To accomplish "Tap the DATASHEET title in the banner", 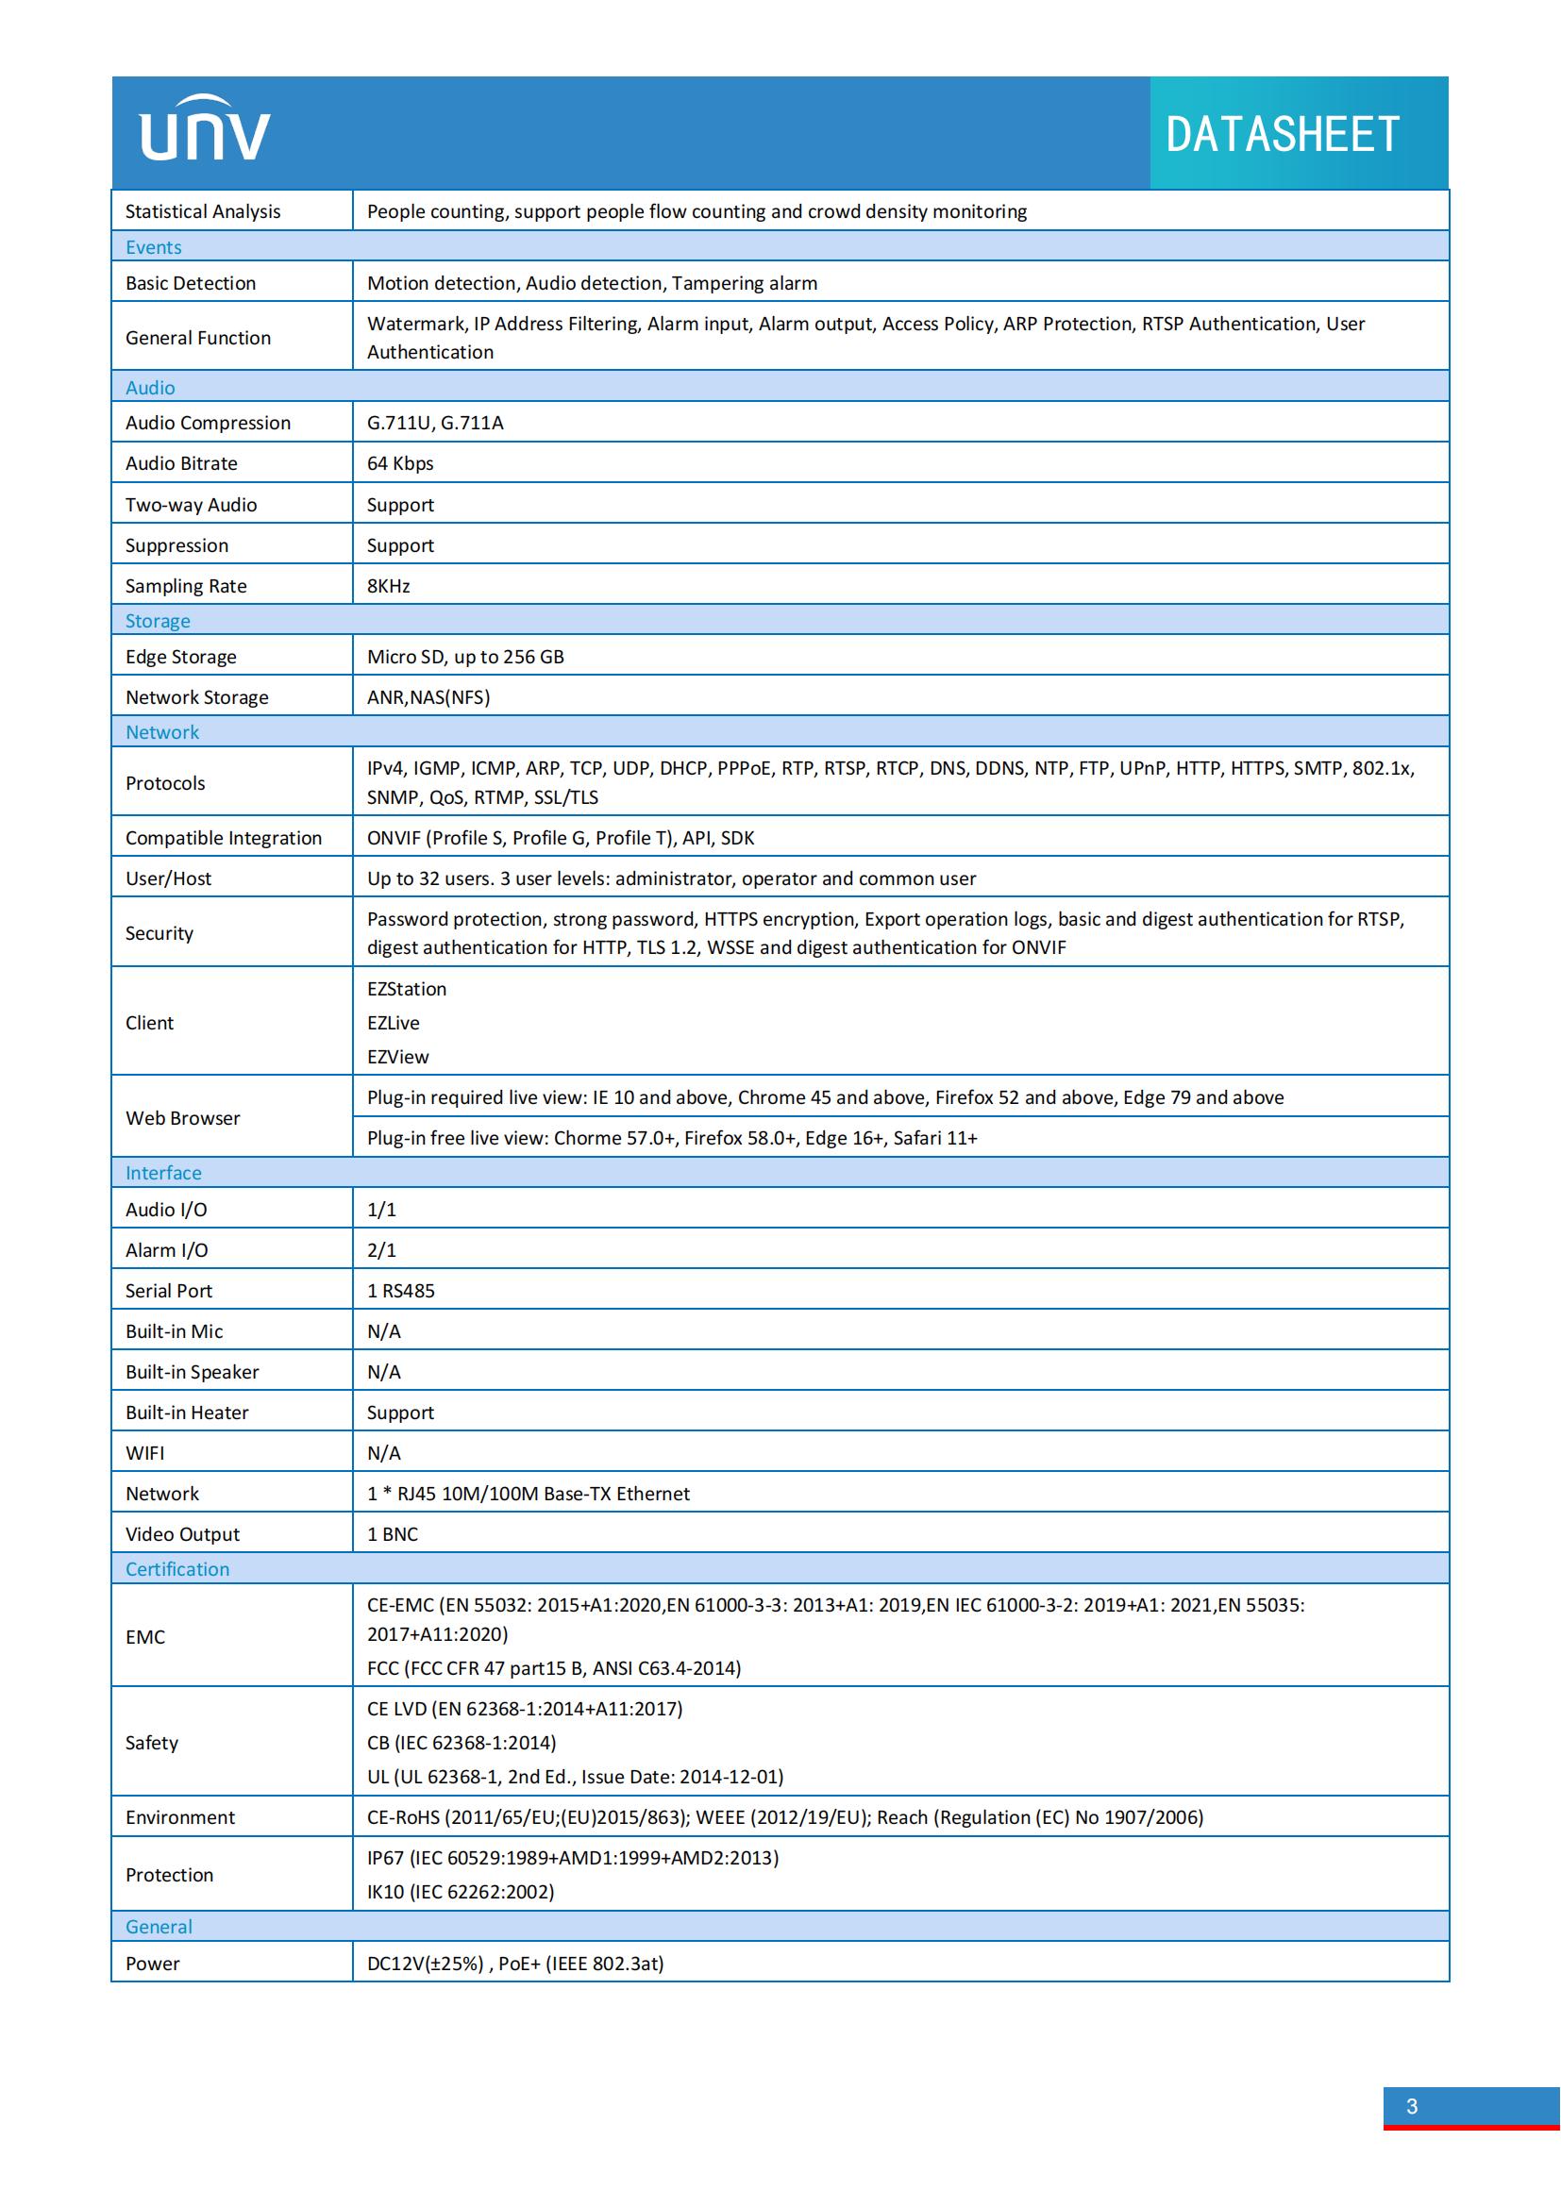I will click(x=1282, y=134).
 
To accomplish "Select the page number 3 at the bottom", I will click(x=1411, y=2106).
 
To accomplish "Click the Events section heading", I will click(x=154, y=247).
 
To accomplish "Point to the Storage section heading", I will click(x=158, y=621).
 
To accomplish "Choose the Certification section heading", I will click(x=177, y=1569).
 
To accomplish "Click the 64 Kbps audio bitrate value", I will click(x=400, y=463).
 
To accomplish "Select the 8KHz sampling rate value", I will click(x=388, y=585).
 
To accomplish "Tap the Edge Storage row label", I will click(x=180, y=657).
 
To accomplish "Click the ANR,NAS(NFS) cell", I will click(x=428, y=697).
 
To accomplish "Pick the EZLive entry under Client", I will click(x=394, y=1023).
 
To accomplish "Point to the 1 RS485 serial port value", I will click(x=401, y=1290).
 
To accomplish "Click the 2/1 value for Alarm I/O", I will click(x=381, y=1249).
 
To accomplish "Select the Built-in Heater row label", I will click(x=187, y=1413).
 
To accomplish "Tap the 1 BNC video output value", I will click(x=393, y=1534).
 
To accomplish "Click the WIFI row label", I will click(x=145, y=1452).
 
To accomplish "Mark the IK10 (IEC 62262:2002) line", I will click(x=461, y=1892).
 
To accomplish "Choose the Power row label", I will click(x=153, y=1963).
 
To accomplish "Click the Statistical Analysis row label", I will click(x=203, y=211).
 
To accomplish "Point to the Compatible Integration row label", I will click(x=224, y=837).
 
